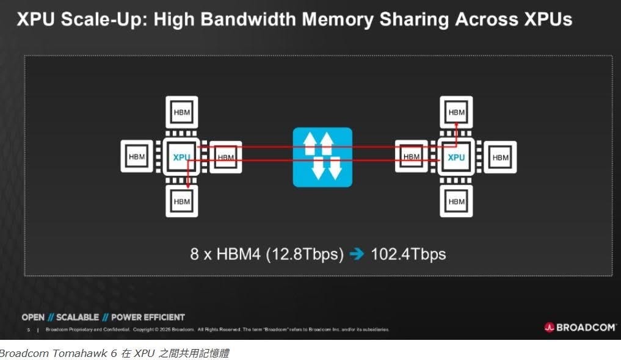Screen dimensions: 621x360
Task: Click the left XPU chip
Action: pyautogui.click(x=182, y=157)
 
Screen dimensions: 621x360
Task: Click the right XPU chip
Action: pyautogui.click(x=456, y=157)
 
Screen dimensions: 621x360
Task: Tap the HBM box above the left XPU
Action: pyautogui.click(x=182, y=112)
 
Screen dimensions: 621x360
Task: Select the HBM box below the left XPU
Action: pyautogui.click(x=182, y=201)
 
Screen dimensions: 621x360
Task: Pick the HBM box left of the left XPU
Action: pyautogui.click(x=137, y=157)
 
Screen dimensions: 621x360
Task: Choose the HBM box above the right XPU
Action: pyautogui.click(x=456, y=112)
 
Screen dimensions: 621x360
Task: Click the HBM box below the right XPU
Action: pyautogui.click(x=456, y=201)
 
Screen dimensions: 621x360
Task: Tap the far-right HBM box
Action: pyautogui.click(x=500, y=157)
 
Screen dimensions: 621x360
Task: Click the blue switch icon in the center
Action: pyautogui.click(x=322, y=157)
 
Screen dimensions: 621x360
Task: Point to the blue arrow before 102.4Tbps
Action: pyautogui.click(x=357, y=254)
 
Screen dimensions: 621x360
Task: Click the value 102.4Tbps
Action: pyautogui.click(x=408, y=254)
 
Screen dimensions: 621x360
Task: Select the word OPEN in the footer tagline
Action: pyautogui.click(x=33, y=317)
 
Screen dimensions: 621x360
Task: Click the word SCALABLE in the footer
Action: pyautogui.click(x=78, y=317)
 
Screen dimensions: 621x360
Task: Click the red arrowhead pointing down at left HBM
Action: pyautogui.click(x=188, y=185)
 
